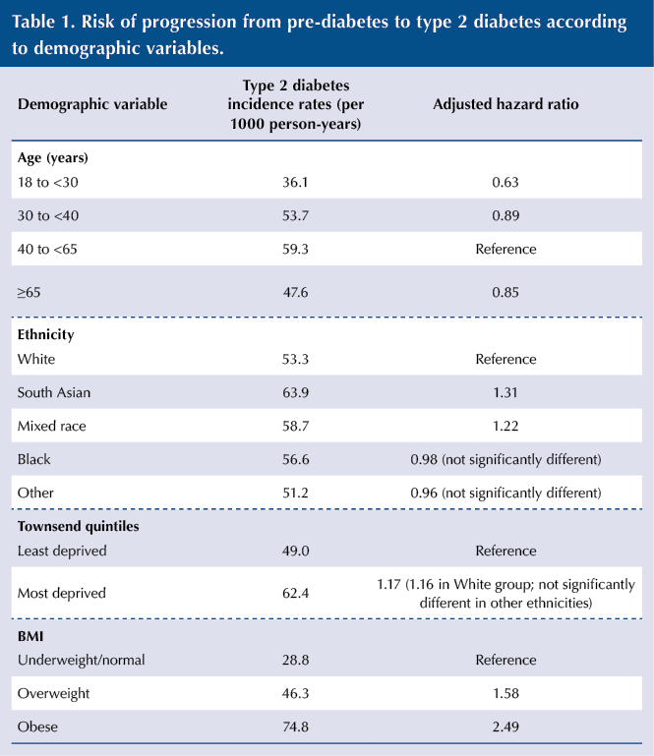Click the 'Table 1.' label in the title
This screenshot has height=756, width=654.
[x=42, y=22]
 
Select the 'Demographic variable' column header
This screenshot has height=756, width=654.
[x=92, y=104]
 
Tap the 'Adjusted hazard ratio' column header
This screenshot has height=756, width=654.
[x=505, y=104]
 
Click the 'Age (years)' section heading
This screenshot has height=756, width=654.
[x=53, y=157]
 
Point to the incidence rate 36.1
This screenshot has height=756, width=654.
[x=295, y=182]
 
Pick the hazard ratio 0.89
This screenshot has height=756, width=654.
[x=505, y=215]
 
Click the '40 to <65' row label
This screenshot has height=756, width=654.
[x=47, y=249]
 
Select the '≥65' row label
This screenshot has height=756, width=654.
[x=29, y=292]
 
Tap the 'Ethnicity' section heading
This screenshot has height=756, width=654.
[x=46, y=334]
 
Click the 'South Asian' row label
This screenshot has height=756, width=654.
[x=54, y=392]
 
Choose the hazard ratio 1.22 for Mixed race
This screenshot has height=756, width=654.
[x=505, y=426]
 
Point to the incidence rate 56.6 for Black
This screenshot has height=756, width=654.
[x=295, y=459]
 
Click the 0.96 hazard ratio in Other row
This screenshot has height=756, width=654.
[x=424, y=493]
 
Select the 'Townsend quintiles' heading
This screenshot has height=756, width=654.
[x=78, y=526]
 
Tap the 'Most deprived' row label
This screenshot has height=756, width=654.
[x=62, y=593]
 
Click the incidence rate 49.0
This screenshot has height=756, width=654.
[x=295, y=551]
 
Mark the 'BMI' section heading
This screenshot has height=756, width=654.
[x=30, y=636]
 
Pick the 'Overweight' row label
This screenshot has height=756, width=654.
[x=53, y=693]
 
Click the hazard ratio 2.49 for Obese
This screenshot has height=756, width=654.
[x=505, y=727]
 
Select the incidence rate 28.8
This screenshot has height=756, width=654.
[x=295, y=660]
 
